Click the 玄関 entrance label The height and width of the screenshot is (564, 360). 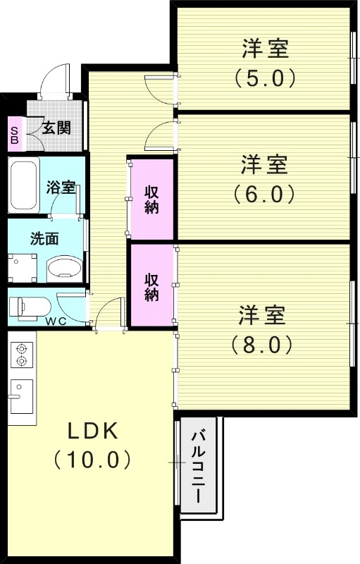[x=56, y=128]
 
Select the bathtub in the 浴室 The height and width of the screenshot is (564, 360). [x=25, y=186]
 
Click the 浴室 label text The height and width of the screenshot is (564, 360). [x=61, y=188]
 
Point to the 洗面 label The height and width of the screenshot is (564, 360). [x=44, y=238]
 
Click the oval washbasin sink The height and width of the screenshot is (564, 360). [x=64, y=269]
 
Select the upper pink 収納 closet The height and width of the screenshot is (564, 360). [x=151, y=199]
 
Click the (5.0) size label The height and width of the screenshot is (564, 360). [x=265, y=76]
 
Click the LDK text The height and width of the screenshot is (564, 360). [x=92, y=431]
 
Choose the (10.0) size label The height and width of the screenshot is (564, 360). [x=92, y=460]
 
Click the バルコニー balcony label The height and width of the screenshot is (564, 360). [x=199, y=466]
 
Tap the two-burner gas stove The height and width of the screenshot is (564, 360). [x=21, y=355]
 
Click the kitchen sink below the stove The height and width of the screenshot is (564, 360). [x=20, y=396]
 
